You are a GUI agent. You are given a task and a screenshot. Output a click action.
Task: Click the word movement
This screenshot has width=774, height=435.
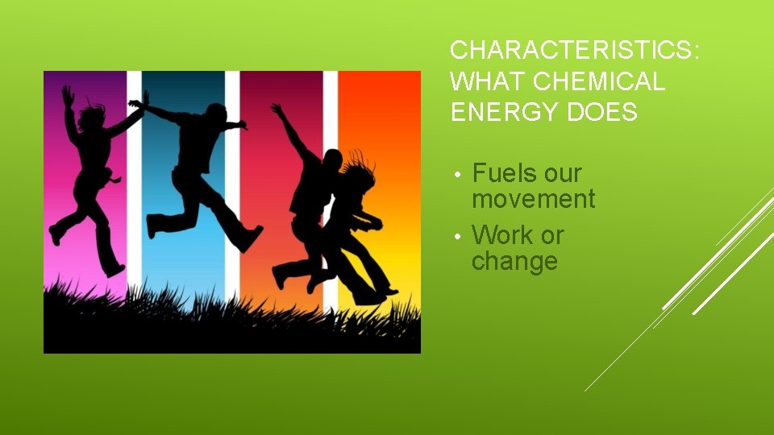click(533, 199)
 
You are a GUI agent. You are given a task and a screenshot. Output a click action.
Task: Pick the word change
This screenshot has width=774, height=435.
click(514, 262)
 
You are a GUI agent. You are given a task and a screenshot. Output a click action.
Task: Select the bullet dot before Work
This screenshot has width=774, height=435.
click(456, 237)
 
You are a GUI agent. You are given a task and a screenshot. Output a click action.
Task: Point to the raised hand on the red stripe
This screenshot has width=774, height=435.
click(277, 108)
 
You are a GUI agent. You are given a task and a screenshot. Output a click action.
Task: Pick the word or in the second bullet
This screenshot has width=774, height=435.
click(552, 235)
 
